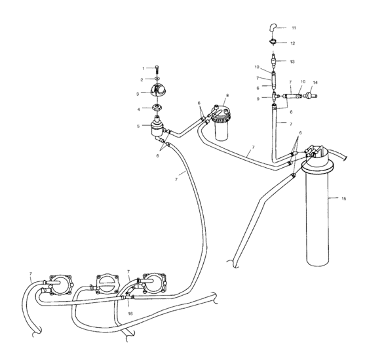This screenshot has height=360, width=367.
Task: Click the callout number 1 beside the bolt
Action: [143, 68]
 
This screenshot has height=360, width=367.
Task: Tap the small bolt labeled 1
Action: [157, 69]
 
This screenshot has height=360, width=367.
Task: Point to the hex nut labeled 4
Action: [157, 109]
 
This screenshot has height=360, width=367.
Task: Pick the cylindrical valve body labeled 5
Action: [158, 126]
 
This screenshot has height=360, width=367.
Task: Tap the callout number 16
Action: [130, 315]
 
